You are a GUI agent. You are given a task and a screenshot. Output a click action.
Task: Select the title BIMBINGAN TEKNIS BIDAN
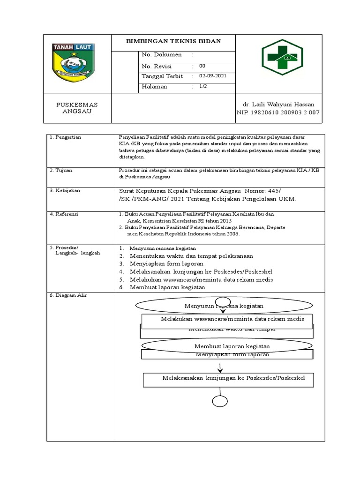[173, 41]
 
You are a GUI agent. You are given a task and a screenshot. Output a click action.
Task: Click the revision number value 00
[202, 66]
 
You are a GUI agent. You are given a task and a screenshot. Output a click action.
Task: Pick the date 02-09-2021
[212, 76]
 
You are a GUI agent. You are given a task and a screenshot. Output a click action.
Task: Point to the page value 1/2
[203, 86]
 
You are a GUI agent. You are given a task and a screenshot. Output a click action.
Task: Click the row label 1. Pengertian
[65, 137]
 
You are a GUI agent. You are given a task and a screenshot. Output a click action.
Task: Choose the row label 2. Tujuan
[62, 170]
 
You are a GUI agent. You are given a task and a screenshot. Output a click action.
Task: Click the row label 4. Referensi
[65, 214]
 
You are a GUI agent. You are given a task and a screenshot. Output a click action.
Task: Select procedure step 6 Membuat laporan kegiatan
[167, 287]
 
